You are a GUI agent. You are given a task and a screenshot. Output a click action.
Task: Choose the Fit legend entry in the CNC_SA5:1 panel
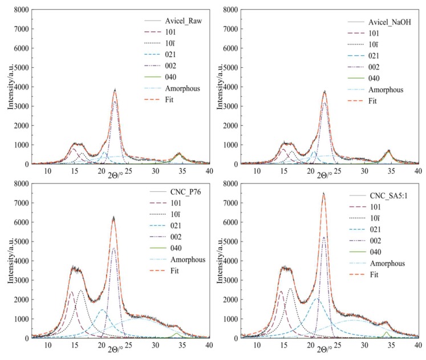point(374,275)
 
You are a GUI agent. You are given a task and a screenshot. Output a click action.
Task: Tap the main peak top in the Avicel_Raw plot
point(115,89)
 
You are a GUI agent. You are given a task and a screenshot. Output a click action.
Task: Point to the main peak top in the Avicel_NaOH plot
point(324,91)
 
